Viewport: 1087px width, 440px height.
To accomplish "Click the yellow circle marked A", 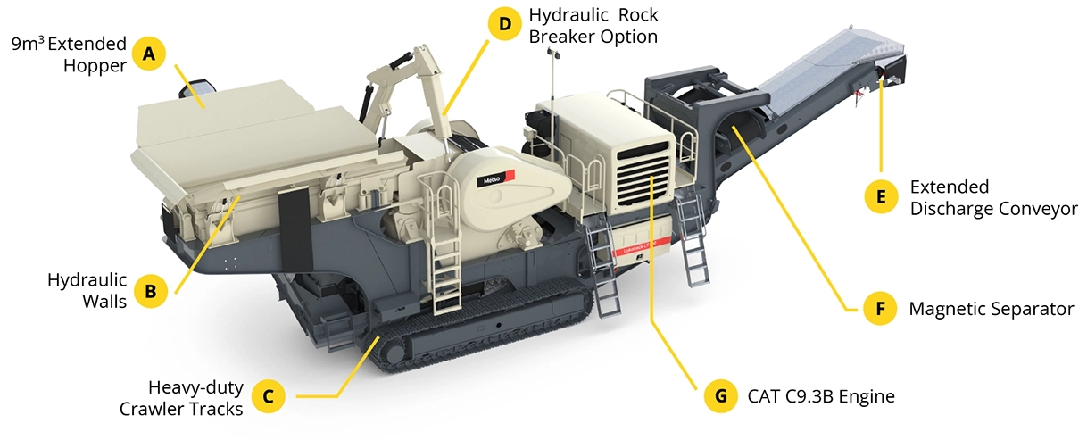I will coord(149,54).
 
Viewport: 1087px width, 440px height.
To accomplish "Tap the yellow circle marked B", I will coord(151,290).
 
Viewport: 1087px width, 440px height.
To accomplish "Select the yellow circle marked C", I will coord(268,397).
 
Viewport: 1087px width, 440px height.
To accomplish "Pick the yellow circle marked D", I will coord(505,24).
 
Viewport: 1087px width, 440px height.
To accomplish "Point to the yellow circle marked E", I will coord(882,196).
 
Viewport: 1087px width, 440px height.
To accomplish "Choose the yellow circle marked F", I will coord(881,309).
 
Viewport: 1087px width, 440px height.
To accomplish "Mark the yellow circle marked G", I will coord(720,396).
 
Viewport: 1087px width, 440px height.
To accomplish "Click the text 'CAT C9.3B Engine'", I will coord(821,396).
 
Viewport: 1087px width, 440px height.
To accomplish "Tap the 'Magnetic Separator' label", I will coord(991,309).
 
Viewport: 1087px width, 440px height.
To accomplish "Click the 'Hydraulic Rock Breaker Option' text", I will coord(593,26).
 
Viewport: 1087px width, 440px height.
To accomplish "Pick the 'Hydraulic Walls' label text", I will coord(87,290).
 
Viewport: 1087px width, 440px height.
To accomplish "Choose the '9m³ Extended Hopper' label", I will coord(70,54).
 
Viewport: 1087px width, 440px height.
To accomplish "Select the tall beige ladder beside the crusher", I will coord(443,259).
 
